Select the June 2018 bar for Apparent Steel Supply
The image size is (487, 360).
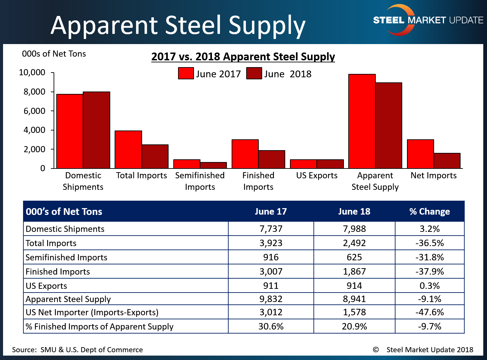point(389,126)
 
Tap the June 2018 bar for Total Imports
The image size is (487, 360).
point(155,157)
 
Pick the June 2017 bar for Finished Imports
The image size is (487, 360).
point(245,154)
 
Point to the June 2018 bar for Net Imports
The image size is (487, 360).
point(447,161)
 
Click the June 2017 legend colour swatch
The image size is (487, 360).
point(186,74)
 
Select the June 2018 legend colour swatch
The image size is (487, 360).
point(254,74)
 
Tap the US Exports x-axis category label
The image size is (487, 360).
point(317,176)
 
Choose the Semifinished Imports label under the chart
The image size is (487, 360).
point(200,181)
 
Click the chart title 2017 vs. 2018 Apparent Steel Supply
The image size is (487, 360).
point(243,57)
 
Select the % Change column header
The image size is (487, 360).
point(429,212)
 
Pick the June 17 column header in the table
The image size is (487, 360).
point(271,212)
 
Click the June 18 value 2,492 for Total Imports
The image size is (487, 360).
point(354,243)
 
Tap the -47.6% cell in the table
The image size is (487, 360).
point(429,312)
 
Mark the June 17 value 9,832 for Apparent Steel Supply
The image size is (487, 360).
point(271,299)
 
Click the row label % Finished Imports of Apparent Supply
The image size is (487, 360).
point(99,326)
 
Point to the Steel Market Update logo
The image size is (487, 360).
point(428,20)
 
